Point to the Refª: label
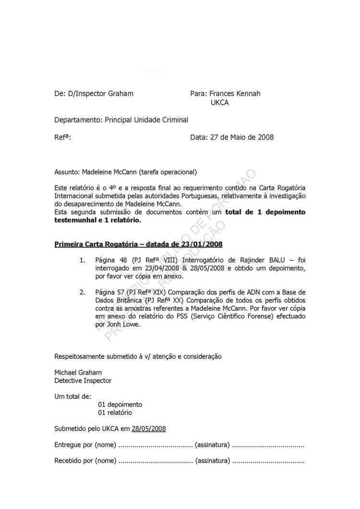[63, 137]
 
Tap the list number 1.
[82, 260]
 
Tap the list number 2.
[82, 292]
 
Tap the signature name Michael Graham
[78, 372]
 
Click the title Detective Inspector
[83, 380]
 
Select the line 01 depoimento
[120, 404]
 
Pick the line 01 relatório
[115, 413]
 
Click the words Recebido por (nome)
[85, 461]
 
